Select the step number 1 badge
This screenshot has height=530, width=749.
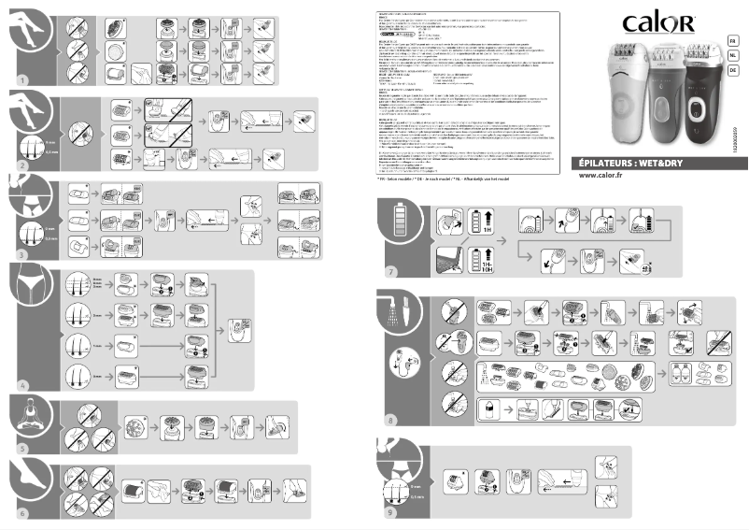(x=22, y=80)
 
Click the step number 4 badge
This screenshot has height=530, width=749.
(x=22, y=384)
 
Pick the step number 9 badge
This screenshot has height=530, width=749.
(x=391, y=511)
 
